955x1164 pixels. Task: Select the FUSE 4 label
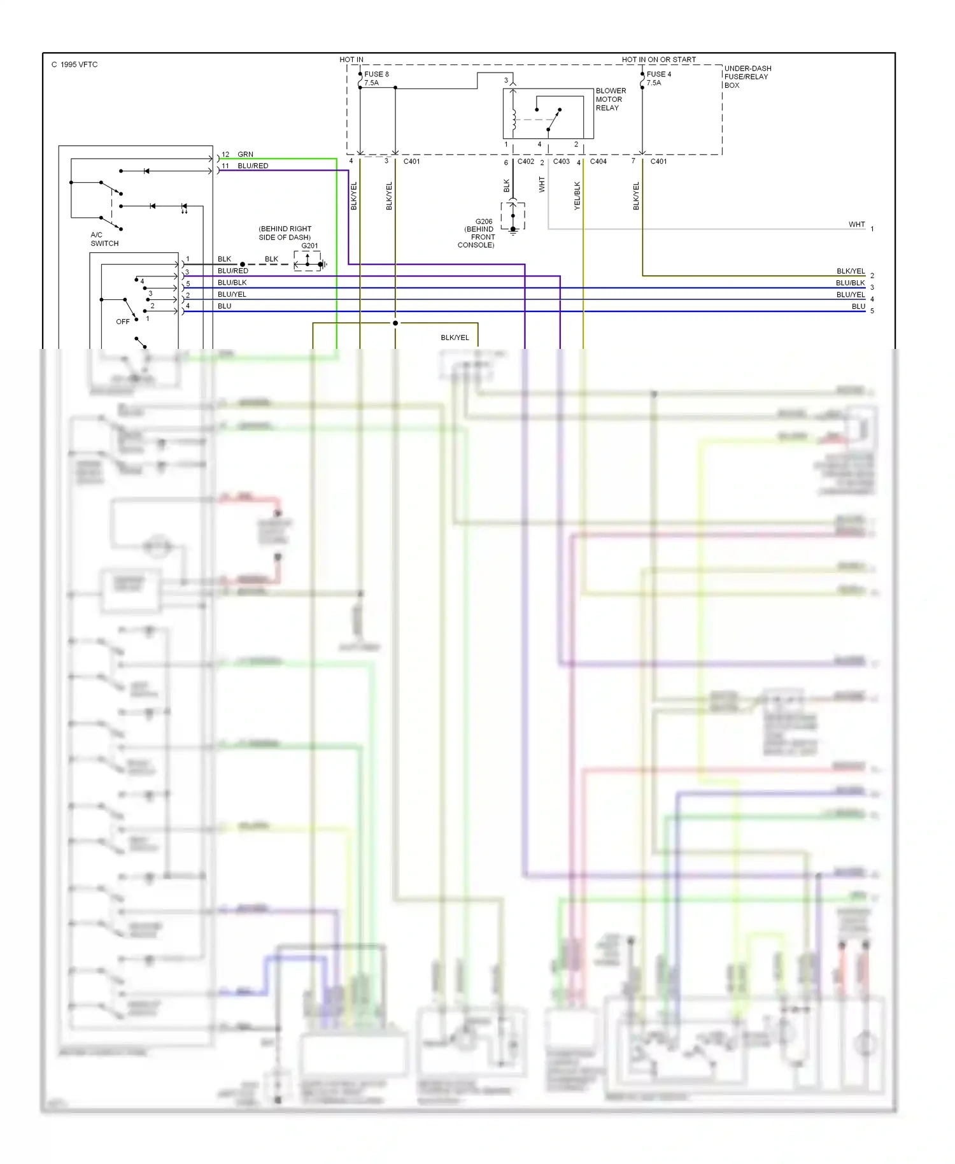tap(658, 75)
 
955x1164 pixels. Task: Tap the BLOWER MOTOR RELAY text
tap(610, 99)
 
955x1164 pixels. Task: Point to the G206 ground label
tap(483, 222)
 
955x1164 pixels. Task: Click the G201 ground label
tap(309, 246)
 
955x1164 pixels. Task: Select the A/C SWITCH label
tap(104, 239)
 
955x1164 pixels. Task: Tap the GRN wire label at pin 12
tap(245, 155)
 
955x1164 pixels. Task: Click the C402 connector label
tap(525, 162)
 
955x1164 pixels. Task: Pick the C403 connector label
tap(561, 162)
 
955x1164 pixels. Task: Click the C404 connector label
tap(598, 162)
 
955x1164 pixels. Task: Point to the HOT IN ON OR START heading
tap(658, 60)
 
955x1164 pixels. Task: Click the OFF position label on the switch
tap(122, 322)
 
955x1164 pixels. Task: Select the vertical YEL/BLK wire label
tap(577, 195)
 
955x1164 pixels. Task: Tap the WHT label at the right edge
tap(856, 225)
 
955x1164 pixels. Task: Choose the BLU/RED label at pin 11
tap(252, 166)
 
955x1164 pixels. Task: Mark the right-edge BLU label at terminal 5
tap(858, 307)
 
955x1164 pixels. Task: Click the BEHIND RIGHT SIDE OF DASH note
tap(285, 233)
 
